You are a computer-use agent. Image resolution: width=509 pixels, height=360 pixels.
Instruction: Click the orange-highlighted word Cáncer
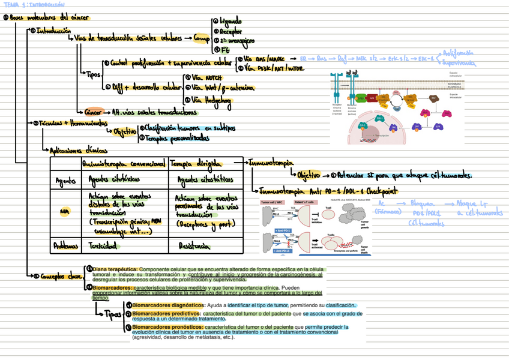click(x=93, y=111)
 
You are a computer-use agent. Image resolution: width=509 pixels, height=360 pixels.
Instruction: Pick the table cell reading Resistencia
click(x=194, y=245)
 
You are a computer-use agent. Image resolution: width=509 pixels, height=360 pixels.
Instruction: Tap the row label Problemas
click(x=62, y=245)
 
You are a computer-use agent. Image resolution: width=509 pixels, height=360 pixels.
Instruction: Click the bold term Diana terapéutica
click(x=115, y=269)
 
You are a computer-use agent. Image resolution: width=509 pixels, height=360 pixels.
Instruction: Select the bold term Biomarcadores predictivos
click(x=166, y=314)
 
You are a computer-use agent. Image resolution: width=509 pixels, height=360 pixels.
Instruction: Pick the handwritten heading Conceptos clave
click(x=61, y=276)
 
